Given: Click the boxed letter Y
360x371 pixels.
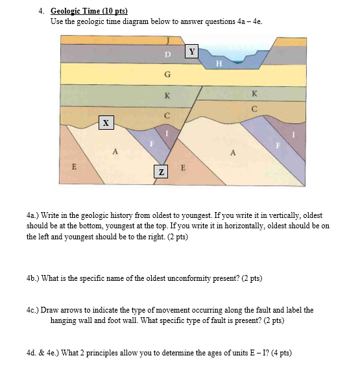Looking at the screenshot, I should [192, 51].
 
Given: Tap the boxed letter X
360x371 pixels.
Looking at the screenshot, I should [106, 122].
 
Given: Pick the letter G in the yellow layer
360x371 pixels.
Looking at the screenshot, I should [167, 75].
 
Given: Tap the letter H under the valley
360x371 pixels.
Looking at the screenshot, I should [219, 63].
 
